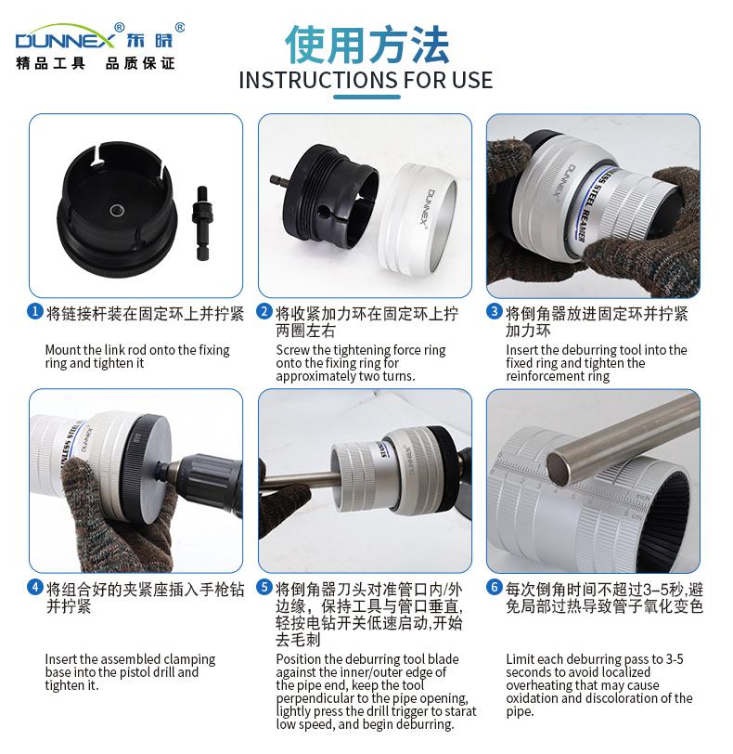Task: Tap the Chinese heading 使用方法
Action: coord(367,45)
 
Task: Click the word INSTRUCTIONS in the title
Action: coord(318,80)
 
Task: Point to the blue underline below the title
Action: coord(367,97)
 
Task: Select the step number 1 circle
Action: coord(35,312)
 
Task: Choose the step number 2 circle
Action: coord(264,312)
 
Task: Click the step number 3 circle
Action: coord(495,312)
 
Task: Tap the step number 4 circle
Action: coord(35,587)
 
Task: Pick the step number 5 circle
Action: coord(264,587)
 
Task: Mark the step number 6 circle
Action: coord(495,587)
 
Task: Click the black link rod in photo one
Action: coord(202,222)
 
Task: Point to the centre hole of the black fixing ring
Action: coord(117,210)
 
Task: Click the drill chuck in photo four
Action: coord(201,481)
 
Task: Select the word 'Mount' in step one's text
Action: coord(63,349)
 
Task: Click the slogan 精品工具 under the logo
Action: coord(50,63)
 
